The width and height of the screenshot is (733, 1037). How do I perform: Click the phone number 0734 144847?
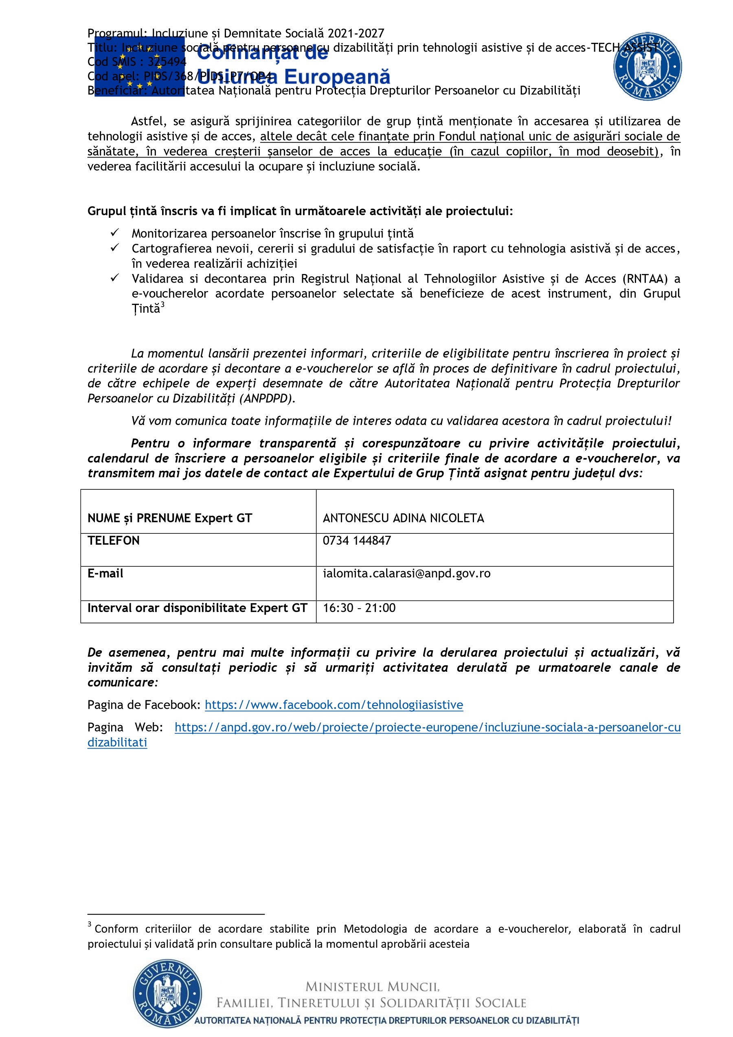pos(356,541)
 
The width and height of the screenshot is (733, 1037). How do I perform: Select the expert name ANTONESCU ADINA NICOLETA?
pos(403,518)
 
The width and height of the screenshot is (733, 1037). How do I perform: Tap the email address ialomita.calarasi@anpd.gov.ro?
pos(406,574)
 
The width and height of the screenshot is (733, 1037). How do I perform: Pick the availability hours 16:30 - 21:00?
pos(359,608)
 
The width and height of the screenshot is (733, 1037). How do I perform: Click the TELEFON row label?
pos(113,541)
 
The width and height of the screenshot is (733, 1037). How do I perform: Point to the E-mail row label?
pos(105,574)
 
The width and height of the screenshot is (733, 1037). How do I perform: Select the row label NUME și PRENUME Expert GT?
pos(169,518)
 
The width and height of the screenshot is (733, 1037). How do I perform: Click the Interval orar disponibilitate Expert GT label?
pos(197,608)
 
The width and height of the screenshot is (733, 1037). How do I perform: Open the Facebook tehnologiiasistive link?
pos(334,705)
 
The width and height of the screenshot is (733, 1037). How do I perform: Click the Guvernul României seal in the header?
pos(647,66)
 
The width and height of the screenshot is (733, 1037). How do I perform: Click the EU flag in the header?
pos(139,66)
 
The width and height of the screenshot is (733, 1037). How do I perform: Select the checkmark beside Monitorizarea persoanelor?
pos(115,232)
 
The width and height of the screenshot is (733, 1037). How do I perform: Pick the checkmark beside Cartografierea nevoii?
pos(115,248)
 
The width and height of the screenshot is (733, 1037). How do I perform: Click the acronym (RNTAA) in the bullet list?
pos(645,278)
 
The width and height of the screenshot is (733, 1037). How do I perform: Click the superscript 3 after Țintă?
pos(162,305)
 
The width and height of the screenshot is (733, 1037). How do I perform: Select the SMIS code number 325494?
pos(167,62)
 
